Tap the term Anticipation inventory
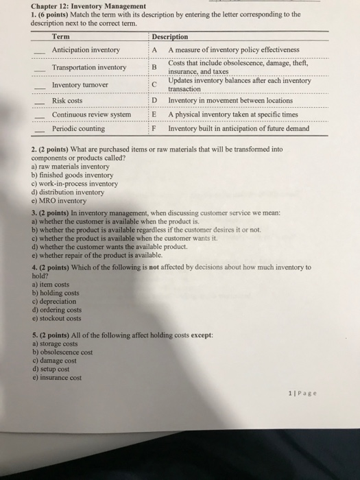pos(86,50)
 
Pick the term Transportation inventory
pos(89,68)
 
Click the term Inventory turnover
pos(81,85)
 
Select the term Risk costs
pos(67,101)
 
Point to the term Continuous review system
pos(91,115)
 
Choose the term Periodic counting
pos(78,128)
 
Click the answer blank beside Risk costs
pos(39,102)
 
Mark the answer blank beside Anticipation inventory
pos(39,51)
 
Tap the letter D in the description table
pos(155,101)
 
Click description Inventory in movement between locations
pos(226,101)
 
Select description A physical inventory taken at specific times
pos(233,115)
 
